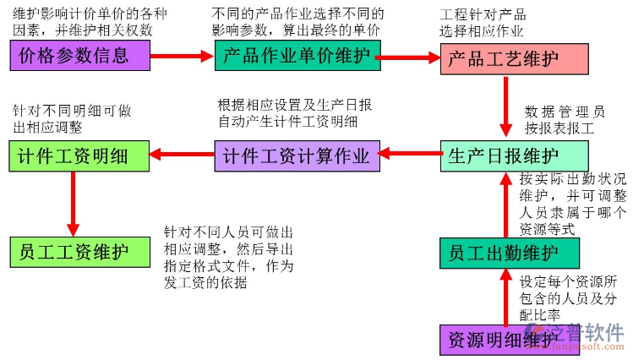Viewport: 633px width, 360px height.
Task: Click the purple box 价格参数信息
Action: coord(79,56)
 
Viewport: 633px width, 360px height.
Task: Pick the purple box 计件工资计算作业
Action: coord(296,155)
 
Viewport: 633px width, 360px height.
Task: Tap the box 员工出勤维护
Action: coord(509,253)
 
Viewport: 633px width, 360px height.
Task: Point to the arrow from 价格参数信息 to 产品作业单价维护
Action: coord(183,56)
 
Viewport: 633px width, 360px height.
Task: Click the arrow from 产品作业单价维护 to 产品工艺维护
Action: coord(411,57)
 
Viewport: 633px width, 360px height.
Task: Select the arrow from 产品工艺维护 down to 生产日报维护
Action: coord(506,106)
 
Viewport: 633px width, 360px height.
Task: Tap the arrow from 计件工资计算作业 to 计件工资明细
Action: coord(183,155)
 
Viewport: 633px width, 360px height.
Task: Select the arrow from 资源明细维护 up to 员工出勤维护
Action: coord(506,296)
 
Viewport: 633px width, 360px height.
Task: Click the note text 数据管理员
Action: coord(565,111)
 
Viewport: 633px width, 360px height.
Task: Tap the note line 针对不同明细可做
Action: coord(72,111)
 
